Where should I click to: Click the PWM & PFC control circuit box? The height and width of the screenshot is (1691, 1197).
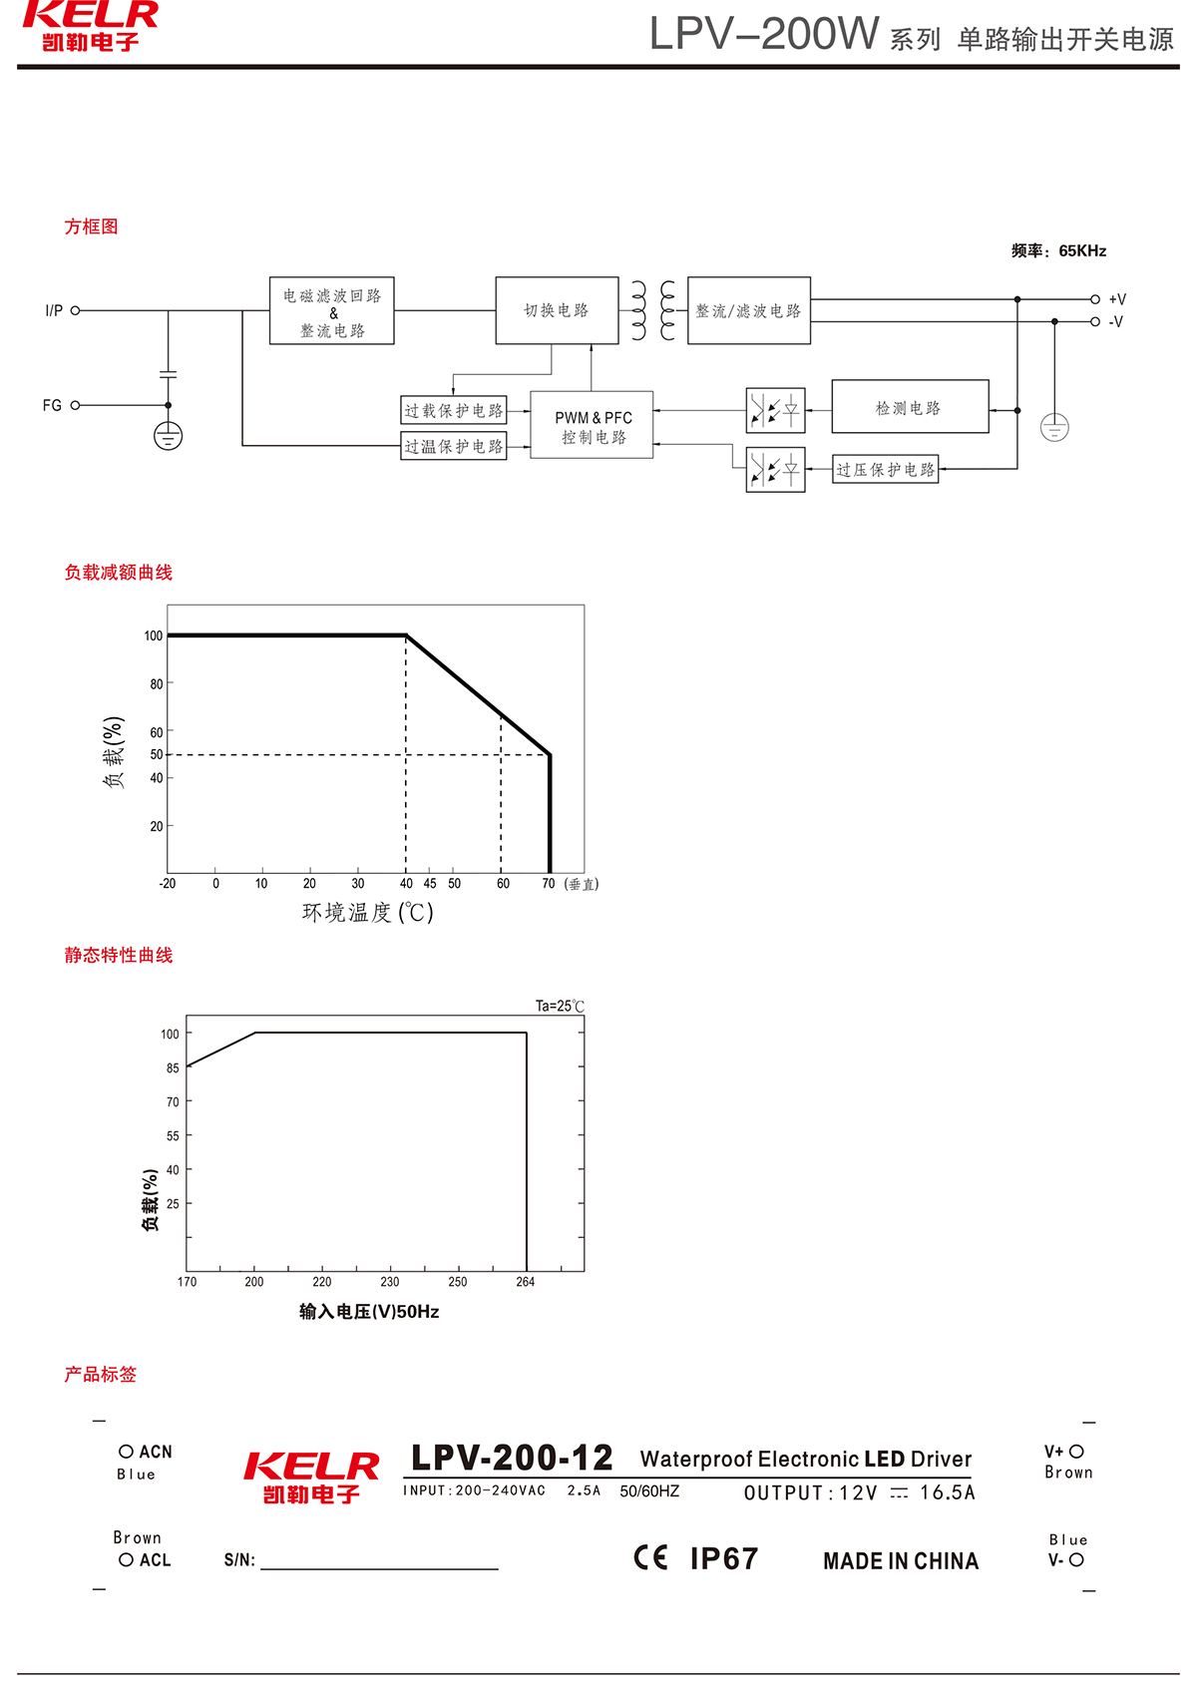592,425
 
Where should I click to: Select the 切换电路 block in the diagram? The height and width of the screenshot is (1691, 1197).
557,310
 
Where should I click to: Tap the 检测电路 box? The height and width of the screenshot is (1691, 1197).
910,407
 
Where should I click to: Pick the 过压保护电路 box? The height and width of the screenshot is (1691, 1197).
886,469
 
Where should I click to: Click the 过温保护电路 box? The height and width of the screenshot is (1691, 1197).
454,446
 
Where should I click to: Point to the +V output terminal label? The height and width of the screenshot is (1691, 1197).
1117,299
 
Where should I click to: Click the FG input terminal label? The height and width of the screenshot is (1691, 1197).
52,405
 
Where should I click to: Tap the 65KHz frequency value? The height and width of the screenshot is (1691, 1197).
1082,251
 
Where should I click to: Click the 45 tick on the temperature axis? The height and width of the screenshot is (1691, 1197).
430,884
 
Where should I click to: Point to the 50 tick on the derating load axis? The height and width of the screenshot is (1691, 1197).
157,755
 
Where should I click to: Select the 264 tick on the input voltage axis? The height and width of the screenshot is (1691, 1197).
526,1282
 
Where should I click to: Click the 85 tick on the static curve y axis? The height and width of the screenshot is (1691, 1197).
173,1068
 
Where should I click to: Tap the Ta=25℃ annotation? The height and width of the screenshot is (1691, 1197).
560,1006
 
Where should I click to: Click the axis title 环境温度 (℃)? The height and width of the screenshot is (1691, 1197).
367,913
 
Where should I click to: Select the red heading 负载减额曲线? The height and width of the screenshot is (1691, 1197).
119,573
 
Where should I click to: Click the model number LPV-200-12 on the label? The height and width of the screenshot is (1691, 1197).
512,1458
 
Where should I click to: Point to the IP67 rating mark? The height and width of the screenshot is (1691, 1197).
724,1558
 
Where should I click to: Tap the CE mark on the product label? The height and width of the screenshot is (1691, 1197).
651,1557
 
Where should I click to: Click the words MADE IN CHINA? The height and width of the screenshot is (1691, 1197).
901,1561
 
